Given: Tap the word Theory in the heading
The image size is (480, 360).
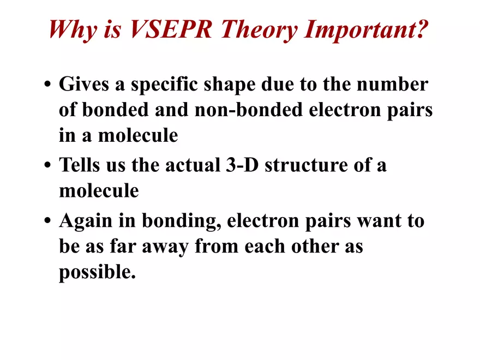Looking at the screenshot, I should pos(265,29).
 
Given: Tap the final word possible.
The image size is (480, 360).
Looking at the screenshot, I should pos(97,272).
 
